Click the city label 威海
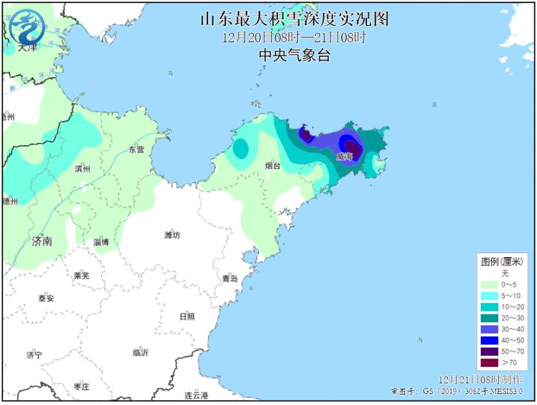(x=344, y=157)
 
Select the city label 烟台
(x=273, y=166)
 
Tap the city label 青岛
(x=230, y=278)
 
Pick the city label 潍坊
(x=172, y=234)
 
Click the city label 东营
(x=136, y=149)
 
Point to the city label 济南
(x=42, y=242)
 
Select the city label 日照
(x=187, y=317)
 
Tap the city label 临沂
(x=140, y=353)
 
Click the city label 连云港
(x=196, y=395)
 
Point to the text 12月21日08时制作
(x=479, y=379)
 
